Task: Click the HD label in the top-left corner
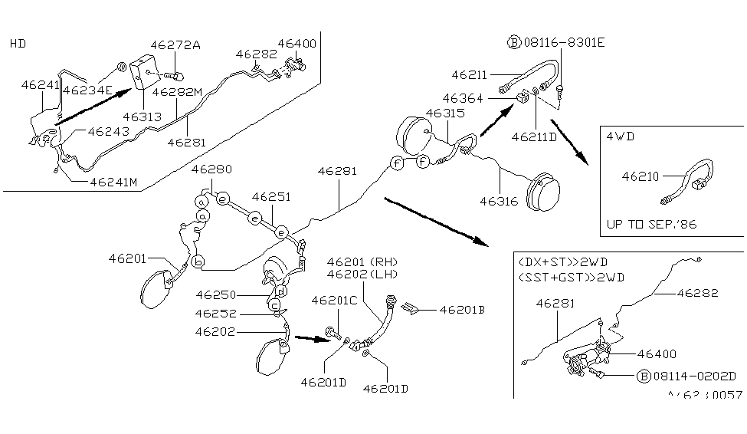18,44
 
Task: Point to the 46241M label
113,182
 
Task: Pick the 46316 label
500,202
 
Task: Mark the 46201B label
463,310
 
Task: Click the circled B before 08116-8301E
513,43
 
